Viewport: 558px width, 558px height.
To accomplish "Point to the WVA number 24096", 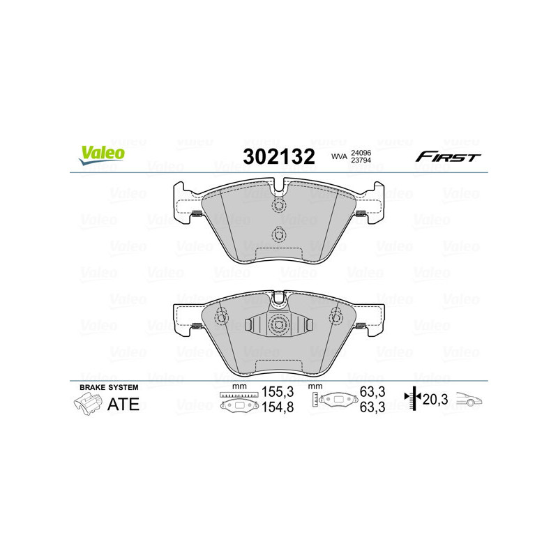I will (361, 151).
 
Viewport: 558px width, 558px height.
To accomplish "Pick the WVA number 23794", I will (361, 161).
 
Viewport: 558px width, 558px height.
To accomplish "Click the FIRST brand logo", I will (448, 156).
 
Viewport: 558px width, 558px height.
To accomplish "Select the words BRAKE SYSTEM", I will (109, 387).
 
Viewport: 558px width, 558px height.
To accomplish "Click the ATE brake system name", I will (124, 405).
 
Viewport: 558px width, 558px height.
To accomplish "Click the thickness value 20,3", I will (435, 400).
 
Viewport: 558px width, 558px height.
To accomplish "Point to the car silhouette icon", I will (470, 400).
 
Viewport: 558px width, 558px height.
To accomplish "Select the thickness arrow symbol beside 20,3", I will (414, 399).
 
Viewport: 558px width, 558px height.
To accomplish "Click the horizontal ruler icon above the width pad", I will (239, 395).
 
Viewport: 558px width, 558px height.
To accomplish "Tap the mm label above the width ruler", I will (239, 386).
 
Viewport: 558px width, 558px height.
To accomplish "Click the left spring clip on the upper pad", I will (197, 213).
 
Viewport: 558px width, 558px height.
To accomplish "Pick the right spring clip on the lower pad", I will (361, 326).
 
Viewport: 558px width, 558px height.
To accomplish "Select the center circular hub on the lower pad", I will (279, 325).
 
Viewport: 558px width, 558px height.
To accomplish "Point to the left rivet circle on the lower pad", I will (222, 318).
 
